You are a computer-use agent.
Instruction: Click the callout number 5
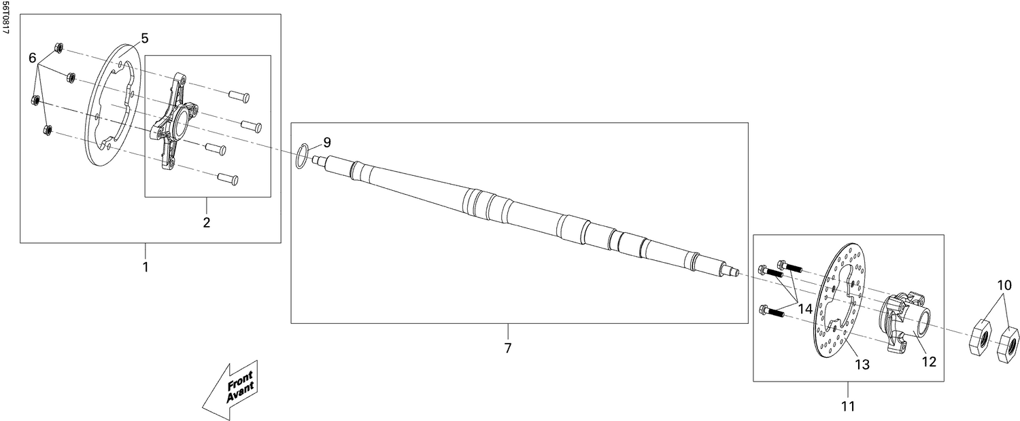click(145, 38)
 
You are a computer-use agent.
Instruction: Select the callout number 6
click(32, 58)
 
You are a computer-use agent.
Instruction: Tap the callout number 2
click(207, 222)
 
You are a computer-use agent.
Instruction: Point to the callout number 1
click(145, 267)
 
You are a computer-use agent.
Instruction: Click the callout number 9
click(326, 143)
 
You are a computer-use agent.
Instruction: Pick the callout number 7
click(507, 348)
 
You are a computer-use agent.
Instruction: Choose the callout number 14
click(805, 308)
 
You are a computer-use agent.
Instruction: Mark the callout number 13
click(862, 365)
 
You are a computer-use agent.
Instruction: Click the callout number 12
click(929, 362)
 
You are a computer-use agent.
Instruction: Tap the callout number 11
click(848, 406)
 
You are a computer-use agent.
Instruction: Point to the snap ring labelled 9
click(305, 155)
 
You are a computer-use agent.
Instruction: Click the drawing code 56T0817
click(5, 19)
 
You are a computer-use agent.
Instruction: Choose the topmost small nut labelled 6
click(58, 48)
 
